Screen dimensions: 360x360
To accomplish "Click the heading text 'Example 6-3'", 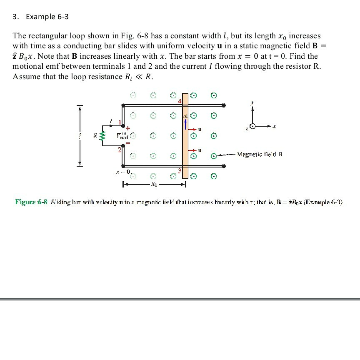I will click(47, 17).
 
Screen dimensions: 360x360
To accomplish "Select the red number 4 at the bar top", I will click(180, 101).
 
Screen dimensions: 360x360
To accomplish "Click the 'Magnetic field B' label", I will click(259, 155).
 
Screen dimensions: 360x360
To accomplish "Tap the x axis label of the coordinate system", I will click(275, 126).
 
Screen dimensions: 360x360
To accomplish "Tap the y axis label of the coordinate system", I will click(252, 101).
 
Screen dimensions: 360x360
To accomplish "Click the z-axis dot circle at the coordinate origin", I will click(252, 126).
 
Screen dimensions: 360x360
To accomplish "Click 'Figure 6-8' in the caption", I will click(32, 202).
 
